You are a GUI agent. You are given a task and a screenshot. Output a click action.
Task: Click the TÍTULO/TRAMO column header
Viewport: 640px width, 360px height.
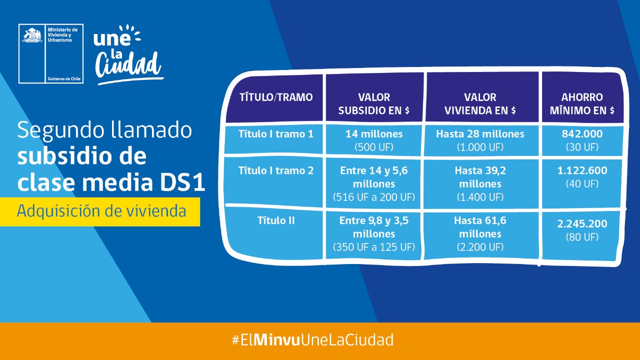point(275,97)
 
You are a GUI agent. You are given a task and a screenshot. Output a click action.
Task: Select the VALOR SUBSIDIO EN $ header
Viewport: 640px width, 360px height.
point(374,103)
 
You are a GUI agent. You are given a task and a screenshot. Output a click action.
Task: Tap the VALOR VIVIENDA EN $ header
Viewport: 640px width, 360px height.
point(480,103)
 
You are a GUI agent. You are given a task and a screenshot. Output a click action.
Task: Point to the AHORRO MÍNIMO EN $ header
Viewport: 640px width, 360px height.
point(582,103)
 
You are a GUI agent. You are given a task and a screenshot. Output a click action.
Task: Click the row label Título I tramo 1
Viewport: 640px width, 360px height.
point(275,134)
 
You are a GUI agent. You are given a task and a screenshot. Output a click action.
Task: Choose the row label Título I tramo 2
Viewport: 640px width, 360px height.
point(275,170)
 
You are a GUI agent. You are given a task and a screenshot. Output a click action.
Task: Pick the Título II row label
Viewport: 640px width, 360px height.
point(275,220)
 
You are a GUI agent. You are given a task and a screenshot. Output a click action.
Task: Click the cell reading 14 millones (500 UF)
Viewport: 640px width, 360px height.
point(374,140)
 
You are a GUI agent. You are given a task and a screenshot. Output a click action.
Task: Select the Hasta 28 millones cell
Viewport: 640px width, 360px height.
point(480,140)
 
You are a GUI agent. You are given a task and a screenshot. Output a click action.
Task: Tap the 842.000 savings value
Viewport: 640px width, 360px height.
point(582,140)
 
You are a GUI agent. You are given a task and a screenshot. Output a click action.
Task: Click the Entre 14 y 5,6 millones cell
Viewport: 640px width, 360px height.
point(374,183)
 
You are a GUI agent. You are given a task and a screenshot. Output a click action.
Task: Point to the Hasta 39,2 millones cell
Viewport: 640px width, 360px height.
point(480,183)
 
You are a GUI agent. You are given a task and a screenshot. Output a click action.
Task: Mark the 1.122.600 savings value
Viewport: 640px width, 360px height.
point(582,176)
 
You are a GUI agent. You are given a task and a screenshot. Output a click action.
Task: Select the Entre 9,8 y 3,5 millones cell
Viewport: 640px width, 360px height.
point(374,233)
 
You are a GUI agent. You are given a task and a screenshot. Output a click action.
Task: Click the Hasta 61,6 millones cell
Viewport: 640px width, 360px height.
point(480,233)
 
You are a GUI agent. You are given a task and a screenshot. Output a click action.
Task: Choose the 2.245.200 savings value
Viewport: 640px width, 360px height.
point(582,230)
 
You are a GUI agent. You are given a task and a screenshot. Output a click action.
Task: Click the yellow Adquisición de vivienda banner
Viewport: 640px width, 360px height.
point(100,211)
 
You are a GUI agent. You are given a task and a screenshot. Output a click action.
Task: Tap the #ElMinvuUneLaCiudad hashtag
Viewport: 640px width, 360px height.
point(312,340)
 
